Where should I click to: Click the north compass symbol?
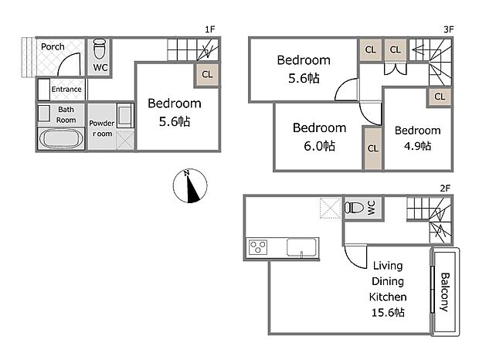pyautogui.click(x=189, y=186)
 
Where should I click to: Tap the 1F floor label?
pyautogui.click(x=209, y=29)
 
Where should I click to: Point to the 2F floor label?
pyautogui.click(x=445, y=188)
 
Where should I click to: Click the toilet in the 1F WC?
pyautogui.click(x=100, y=52)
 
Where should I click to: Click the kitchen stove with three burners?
pyautogui.click(x=258, y=247)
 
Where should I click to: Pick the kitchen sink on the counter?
pyautogui.click(x=301, y=247)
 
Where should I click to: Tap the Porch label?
pyautogui.click(x=53, y=46)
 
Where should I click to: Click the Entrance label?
pyautogui.click(x=66, y=89)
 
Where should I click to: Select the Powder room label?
pyautogui.click(x=101, y=128)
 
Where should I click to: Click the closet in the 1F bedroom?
pyautogui.click(x=206, y=75)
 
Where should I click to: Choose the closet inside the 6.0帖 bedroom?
pyautogui.click(x=372, y=148)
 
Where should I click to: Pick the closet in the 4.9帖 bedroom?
pyautogui.click(x=439, y=97)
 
